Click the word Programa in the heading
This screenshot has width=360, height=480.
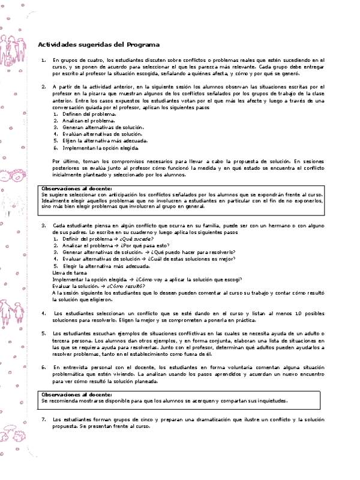pyautogui.click(x=143, y=44)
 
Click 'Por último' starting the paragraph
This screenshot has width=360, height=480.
pyautogui.click(x=65, y=161)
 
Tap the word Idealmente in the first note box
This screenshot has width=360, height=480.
pyautogui.click(x=58, y=202)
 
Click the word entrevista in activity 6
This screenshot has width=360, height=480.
pyautogui.click(x=74, y=367)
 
